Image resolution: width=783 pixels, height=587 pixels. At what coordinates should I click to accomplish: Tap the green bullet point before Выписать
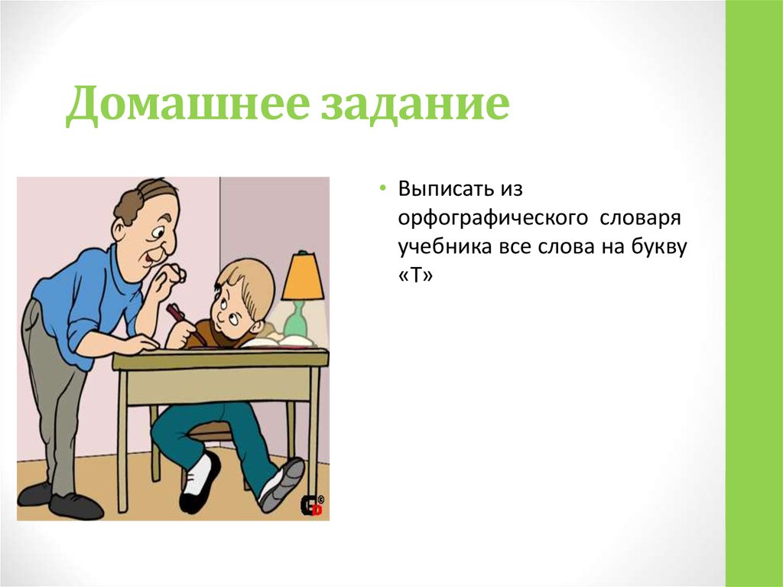click(x=383, y=189)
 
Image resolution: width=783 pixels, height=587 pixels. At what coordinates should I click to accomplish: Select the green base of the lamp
click(x=295, y=321)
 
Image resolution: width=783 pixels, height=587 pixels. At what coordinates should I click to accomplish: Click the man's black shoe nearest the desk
click(x=76, y=506)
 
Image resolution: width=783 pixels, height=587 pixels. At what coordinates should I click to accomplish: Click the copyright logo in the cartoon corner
click(x=313, y=506)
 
